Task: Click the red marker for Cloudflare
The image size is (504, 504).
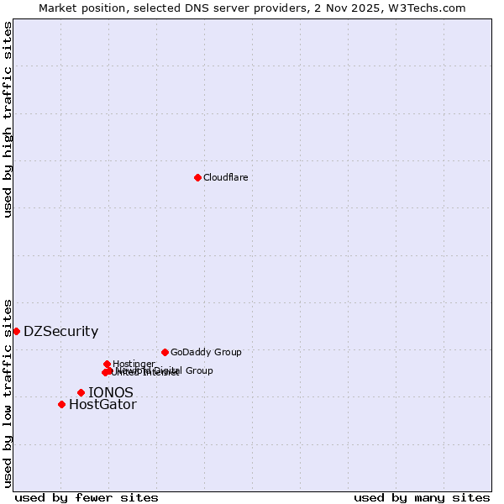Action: pyautogui.click(x=197, y=177)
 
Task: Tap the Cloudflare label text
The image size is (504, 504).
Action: pyautogui.click(x=225, y=177)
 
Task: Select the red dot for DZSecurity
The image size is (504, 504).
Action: pyautogui.click(x=16, y=331)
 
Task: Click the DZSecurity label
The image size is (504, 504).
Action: pyautogui.click(x=60, y=331)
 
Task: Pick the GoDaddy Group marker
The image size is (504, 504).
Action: pyautogui.click(x=165, y=352)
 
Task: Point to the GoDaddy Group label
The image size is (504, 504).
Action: pyautogui.click(x=206, y=352)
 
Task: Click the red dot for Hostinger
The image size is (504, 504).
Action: pyautogui.click(x=107, y=364)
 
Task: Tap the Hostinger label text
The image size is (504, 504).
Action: pyautogui.click(x=134, y=363)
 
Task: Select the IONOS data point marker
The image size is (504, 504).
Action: pyautogui.click(x=81, y=392)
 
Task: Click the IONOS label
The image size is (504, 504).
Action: pyautogui.click(x=110, y=392)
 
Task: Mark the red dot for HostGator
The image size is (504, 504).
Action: pyautogui.click(x=61, y=404)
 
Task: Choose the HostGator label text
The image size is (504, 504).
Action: pyautogui.click(x=102, y=404)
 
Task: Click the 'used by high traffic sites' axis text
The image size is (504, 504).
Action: pyautogui.click(x=8, y=119)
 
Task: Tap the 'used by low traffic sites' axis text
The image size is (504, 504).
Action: pyautogui.click(x=8, y=392)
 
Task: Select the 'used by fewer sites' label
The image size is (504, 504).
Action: pyautogui.click(x=87, y=497)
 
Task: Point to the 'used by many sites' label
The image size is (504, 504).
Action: pyautogui.click(x=422, y=497)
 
